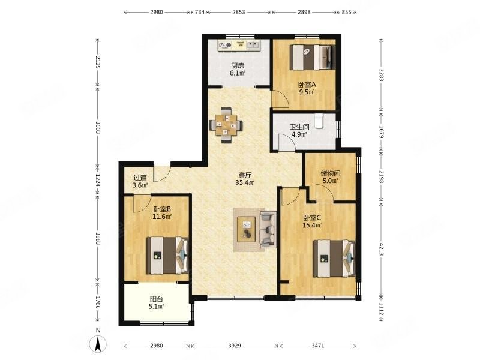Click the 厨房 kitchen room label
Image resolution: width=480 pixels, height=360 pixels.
point(238,65)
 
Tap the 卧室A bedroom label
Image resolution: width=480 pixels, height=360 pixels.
point(307,85)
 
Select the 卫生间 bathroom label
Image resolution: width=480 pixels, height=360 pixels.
point(299,127)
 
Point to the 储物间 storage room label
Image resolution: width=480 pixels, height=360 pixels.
point(331,173)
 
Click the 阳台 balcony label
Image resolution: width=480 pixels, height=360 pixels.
point(156,299)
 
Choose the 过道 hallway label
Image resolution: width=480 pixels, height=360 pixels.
point(140,178)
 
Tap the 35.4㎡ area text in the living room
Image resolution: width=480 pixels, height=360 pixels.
point(245,183)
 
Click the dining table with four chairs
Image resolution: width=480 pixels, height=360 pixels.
point(226,125)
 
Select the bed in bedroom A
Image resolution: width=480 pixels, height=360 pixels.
point(313,57)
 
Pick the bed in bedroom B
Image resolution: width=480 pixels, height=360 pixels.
point(167,256)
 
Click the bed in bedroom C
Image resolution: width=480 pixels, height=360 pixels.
point(334,259)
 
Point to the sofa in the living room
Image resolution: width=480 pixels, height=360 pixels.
point(268,229)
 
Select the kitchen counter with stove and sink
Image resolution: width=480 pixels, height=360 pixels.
point(239,46)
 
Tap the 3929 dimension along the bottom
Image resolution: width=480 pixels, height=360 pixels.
point(235,346)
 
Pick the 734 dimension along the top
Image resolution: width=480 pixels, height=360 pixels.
point(200,12)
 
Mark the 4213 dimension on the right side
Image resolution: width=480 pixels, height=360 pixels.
point(381,249)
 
